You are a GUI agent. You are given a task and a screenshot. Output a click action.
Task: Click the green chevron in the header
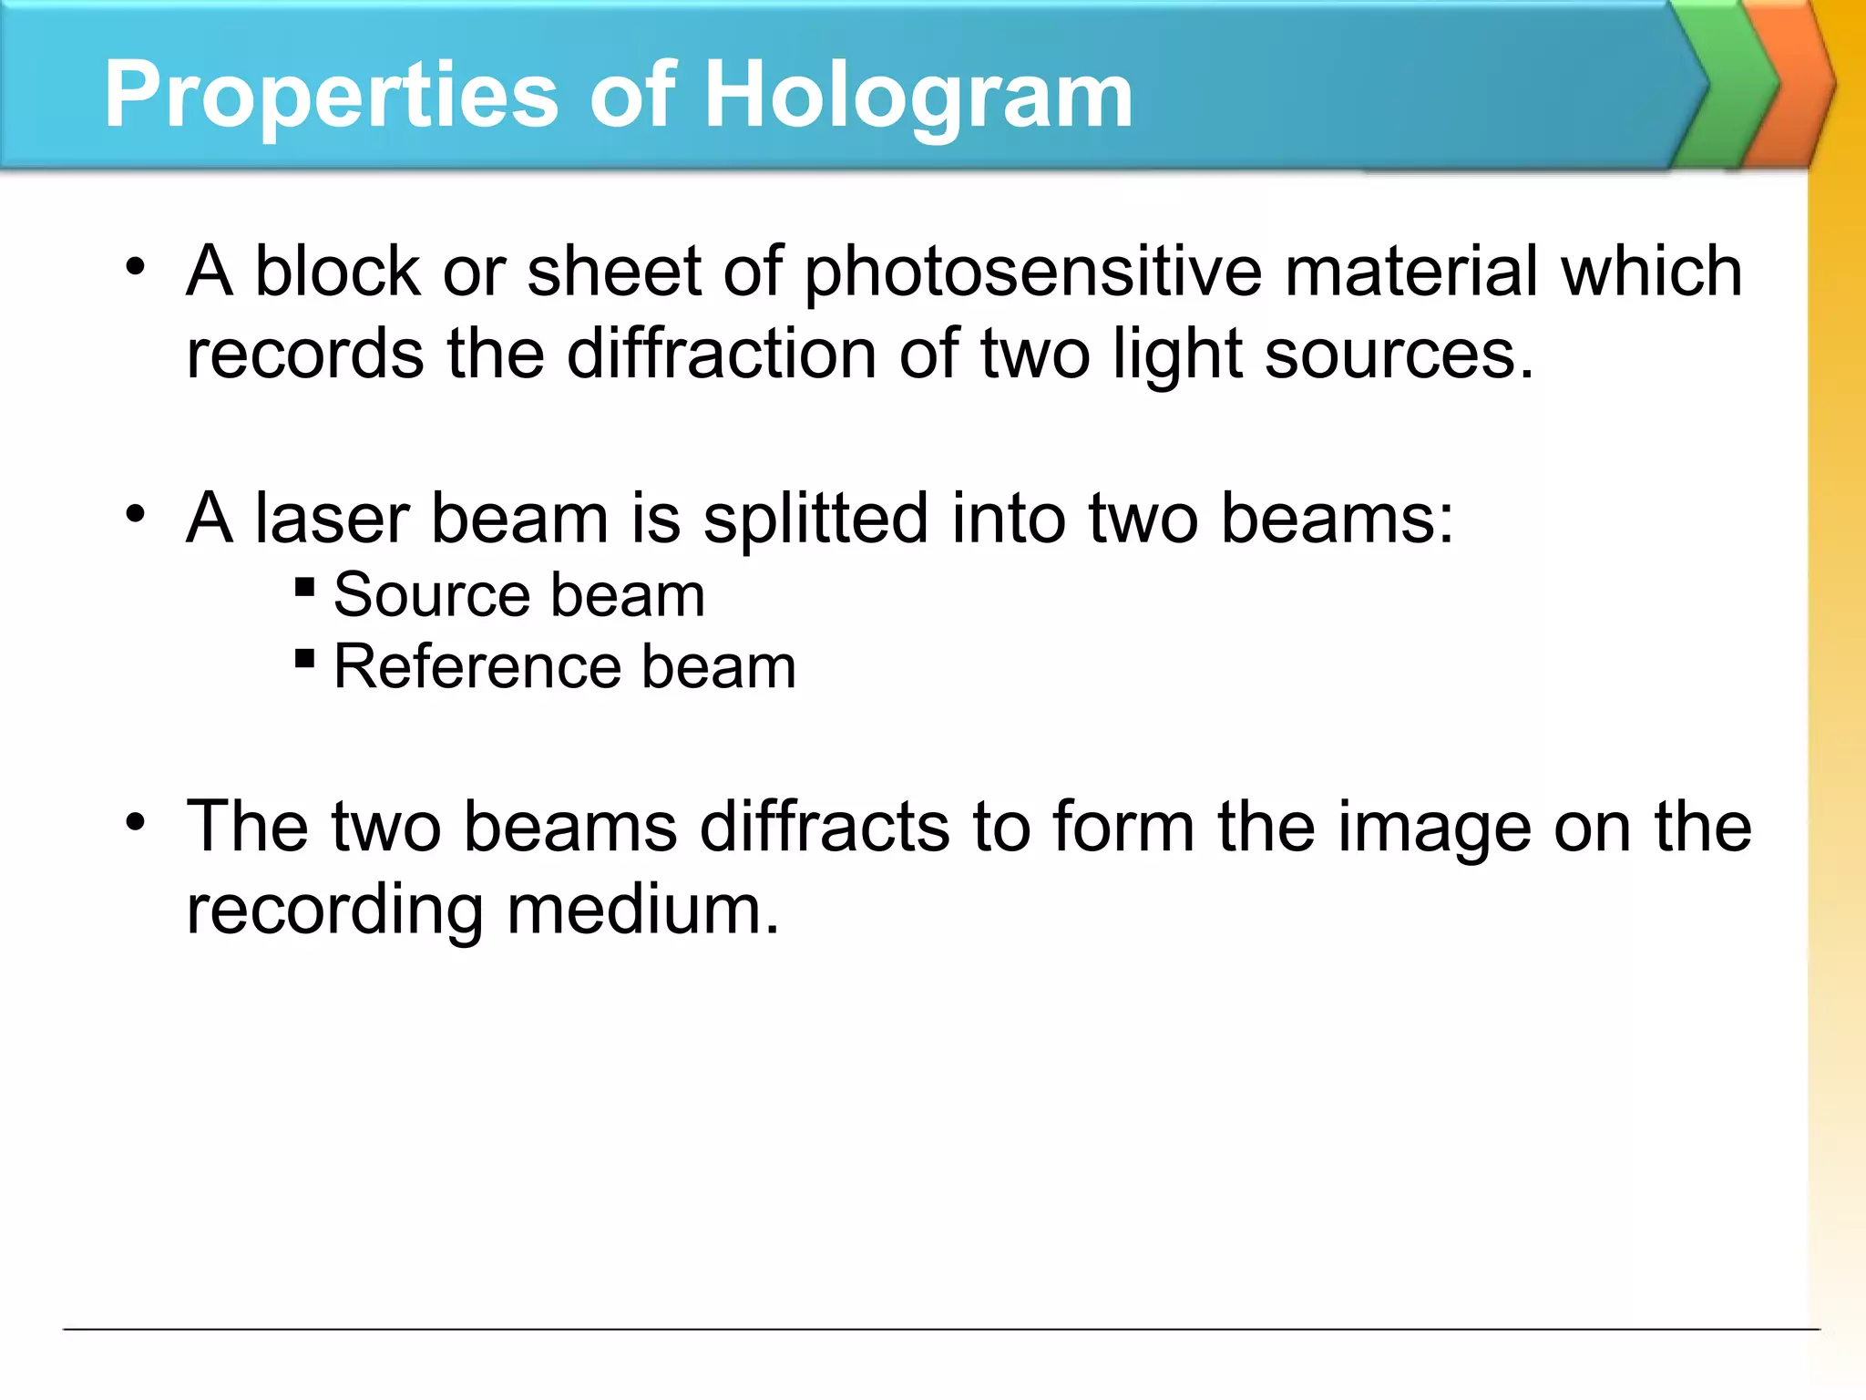click(x=1729, y=84)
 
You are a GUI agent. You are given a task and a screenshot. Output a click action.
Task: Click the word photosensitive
click(x=1033, y=272)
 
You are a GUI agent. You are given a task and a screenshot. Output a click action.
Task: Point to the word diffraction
click(x=721, y=354)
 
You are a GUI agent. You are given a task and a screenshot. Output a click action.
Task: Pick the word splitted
click(x=815, y=520)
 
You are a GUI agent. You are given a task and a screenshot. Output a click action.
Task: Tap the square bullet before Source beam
click(x=305, y=586)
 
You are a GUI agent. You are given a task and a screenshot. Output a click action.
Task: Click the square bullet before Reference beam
click(x=305, y=657)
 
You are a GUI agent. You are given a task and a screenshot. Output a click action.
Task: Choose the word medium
click(x=643, y=911)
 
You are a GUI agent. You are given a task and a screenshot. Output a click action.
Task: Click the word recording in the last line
click(x=334, y=911)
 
